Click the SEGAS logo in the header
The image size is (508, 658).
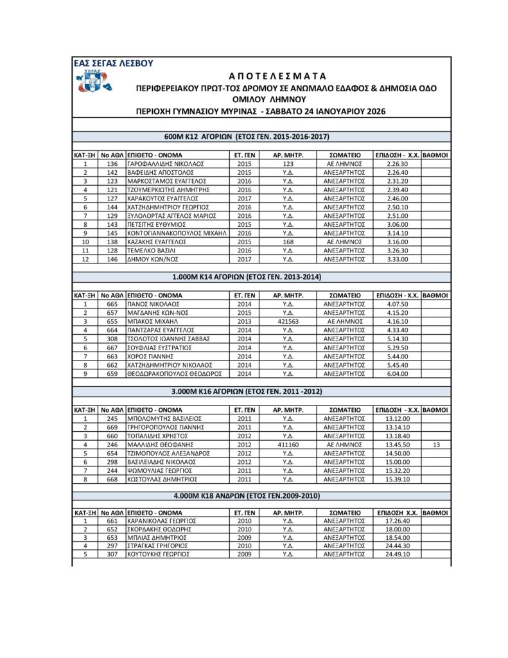tap(93, 82)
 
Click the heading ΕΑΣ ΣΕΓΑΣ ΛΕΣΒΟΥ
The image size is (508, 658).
tap(113, 63)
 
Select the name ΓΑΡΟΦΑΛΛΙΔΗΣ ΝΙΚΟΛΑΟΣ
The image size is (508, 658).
tap(165, 164)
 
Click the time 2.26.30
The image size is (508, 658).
tap(398, 164)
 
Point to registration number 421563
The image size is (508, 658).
tap(288, 321)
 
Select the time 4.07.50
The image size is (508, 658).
tap(398, 304)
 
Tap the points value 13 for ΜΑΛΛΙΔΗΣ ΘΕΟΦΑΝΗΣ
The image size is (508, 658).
tap(436, 444)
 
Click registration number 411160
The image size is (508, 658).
tap(288, 444)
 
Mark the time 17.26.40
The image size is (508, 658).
tap(398, 520)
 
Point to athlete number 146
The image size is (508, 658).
tap(112, 259)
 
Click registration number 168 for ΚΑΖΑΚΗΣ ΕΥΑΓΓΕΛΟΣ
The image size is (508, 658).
tap(288, 242)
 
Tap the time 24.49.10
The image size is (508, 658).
tap(398, 554)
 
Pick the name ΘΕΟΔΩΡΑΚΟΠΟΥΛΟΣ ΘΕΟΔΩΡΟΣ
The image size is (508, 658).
tap(174, 373)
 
